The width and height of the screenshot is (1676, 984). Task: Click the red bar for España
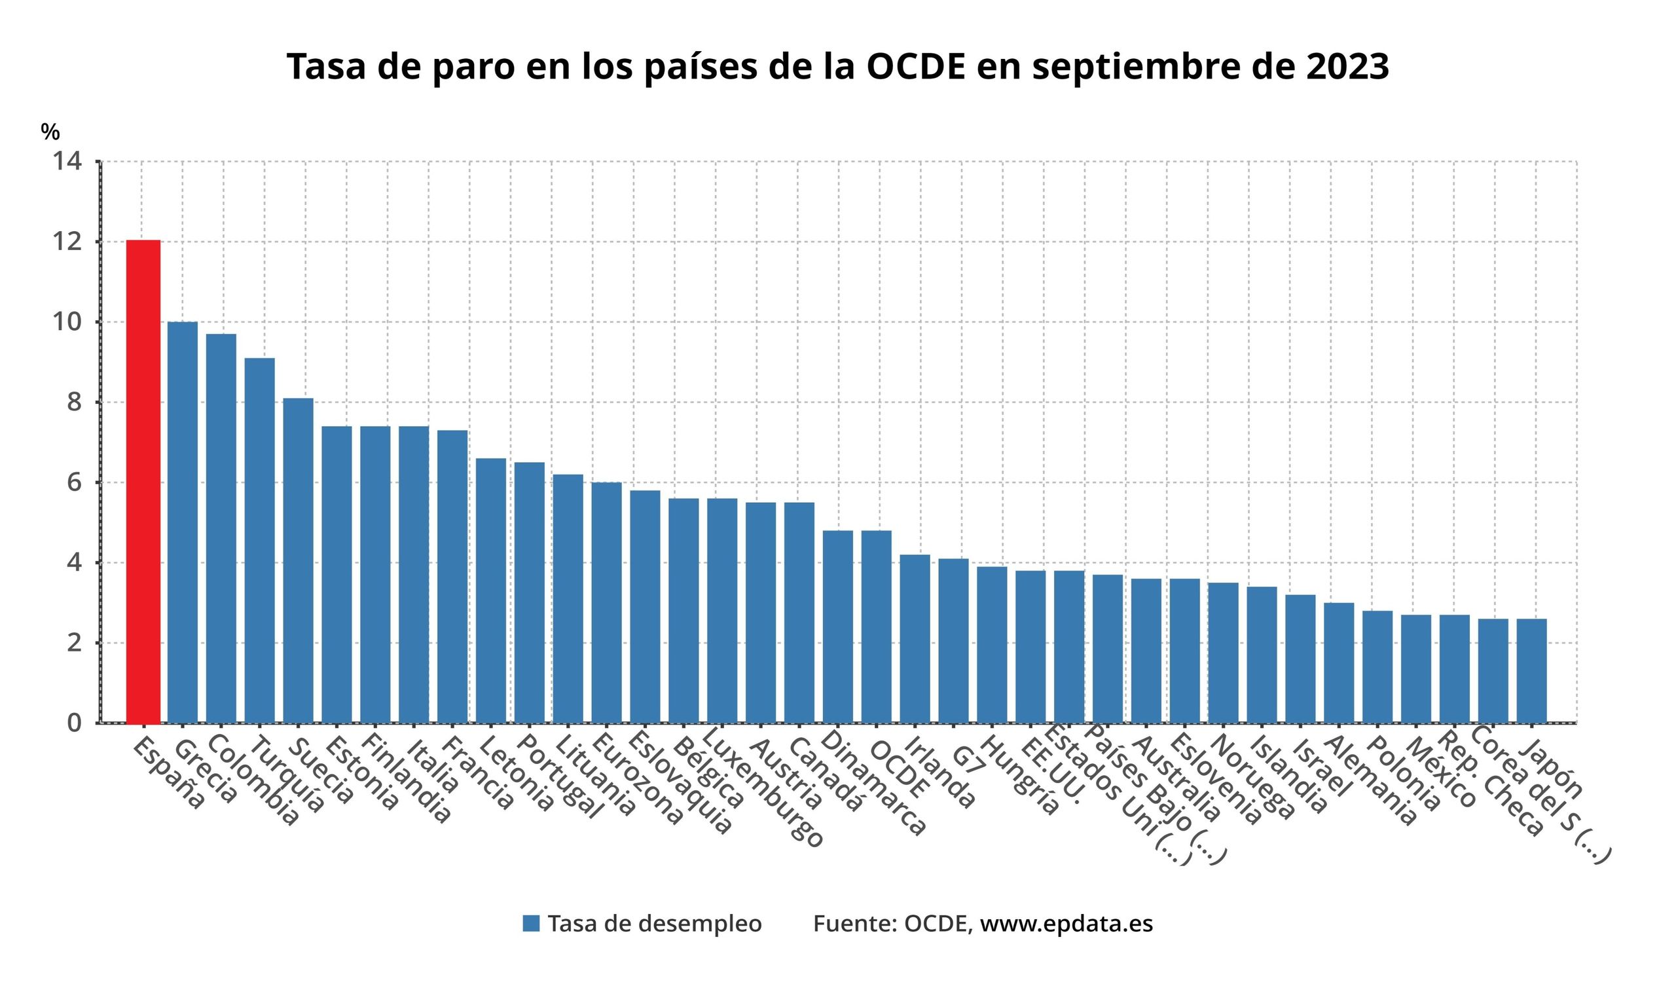pos(143,481)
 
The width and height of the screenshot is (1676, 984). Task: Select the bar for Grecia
pos(182,522)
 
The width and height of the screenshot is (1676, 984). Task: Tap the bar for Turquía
pos(259,541)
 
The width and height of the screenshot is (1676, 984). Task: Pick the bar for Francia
pos(452,576)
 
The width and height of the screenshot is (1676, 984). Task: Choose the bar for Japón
pos(1531,671)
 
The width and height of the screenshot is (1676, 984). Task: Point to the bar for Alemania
pos(1339,663)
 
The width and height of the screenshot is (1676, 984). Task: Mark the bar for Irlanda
pos(915,639)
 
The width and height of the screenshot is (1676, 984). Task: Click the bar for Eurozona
pos(606,602)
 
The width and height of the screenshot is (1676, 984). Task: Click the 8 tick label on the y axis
pos(74,402)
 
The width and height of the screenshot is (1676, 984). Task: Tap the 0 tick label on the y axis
pos(74,723)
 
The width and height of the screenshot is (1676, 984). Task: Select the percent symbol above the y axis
pos(50,132)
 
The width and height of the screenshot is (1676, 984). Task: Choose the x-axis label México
pos(1440,771)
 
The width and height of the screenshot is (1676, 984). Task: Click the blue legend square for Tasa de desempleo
pos(531,924)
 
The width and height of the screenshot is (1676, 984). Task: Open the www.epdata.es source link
pos(1066,924)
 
